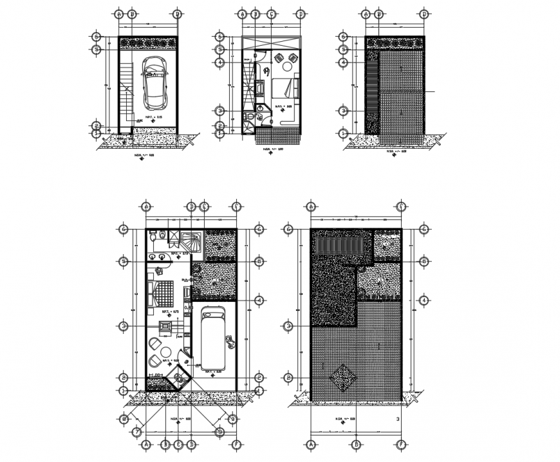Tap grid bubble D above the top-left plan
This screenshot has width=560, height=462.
pos(177,14)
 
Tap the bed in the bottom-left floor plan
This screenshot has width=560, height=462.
pos(161,293)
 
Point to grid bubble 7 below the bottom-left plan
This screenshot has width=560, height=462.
pos(136,432)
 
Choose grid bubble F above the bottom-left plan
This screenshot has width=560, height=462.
pos(236,207)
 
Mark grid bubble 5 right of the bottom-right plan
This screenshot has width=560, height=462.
pos(424,261)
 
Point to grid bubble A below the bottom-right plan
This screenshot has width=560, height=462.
pos(311,444)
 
